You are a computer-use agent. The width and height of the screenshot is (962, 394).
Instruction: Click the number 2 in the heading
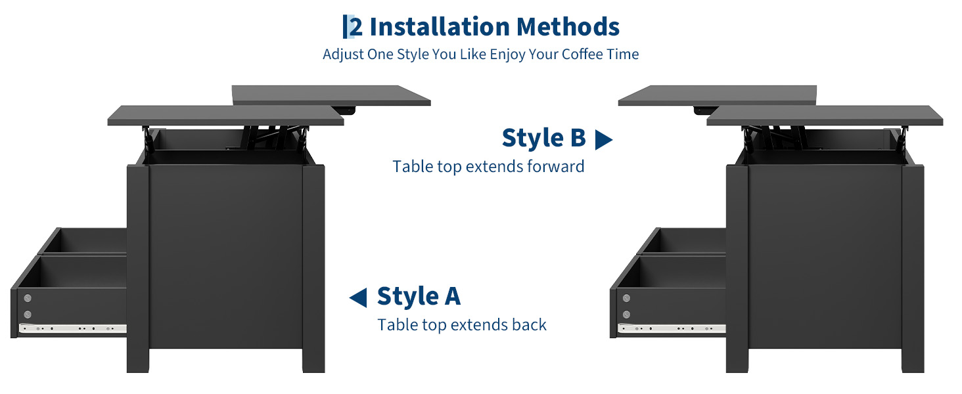356,27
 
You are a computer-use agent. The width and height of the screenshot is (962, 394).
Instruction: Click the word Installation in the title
440,27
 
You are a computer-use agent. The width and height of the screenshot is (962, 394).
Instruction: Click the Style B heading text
543,138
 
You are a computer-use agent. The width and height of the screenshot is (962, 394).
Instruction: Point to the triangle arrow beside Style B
603,140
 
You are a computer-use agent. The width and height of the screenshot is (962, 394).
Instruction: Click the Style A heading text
419,296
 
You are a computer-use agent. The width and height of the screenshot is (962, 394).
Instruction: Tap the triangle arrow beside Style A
358,298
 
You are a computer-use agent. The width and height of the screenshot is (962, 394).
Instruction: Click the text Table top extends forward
488,167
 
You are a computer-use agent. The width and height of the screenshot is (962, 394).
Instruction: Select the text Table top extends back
462,325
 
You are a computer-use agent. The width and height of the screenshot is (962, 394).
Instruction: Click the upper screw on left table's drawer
28,298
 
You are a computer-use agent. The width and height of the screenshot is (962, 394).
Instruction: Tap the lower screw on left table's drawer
28,315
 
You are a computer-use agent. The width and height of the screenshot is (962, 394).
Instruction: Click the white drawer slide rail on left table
73,329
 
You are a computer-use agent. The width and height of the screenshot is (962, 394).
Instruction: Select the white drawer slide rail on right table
672,329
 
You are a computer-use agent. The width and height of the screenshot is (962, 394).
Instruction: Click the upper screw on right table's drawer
626,298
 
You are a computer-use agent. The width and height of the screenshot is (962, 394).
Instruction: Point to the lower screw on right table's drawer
626,315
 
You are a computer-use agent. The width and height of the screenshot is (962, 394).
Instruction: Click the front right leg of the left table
313,269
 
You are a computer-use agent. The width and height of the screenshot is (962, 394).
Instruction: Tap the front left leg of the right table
737,269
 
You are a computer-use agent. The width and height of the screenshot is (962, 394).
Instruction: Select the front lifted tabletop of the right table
825,116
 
